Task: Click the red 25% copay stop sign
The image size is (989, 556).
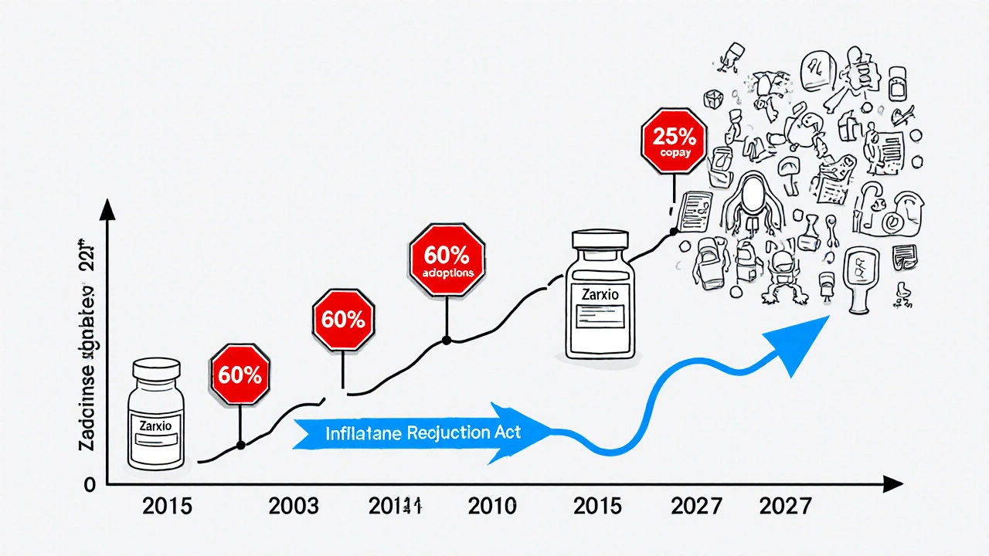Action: (x=675, y=144)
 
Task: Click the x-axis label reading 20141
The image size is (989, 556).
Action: (x=394, y=507)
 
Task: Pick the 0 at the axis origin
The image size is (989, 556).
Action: (x=90, y=484)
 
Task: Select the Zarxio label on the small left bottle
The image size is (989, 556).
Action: (x=158, y=425)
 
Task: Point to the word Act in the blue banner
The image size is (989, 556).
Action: (x=507, y=432)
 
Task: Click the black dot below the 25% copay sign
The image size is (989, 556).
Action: (x=674, y=231)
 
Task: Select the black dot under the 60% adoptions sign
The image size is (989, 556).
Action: (x=446, y=340)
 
